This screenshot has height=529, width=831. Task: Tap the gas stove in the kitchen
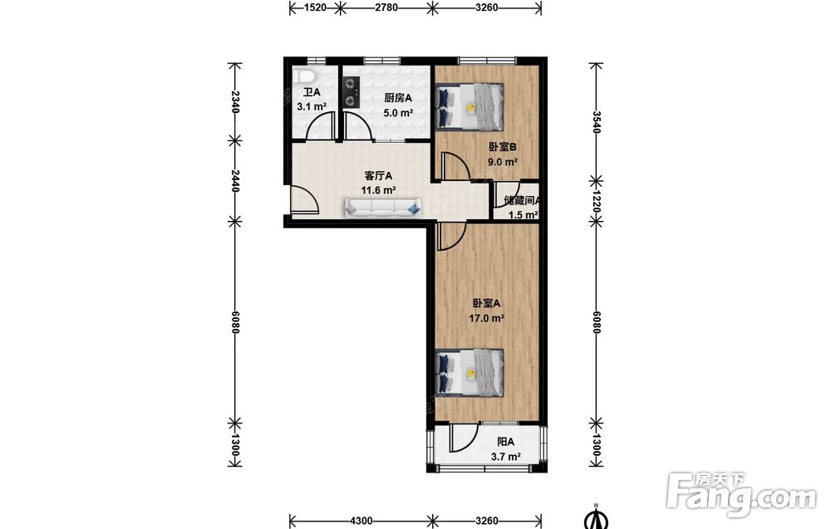tap(351, 92)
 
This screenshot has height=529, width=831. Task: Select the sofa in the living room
tap(382, 208)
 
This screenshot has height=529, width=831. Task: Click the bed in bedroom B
tap(469, 106)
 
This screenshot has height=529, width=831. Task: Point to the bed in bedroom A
tap(469, 372)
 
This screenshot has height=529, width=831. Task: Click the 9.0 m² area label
tap(503, 162)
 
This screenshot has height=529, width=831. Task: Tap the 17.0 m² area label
tap(486, 318)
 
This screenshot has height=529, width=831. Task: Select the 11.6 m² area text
tap(378, 190)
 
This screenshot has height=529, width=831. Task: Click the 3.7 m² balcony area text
tap(505, 457)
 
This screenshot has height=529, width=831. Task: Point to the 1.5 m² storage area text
tap(523, 214)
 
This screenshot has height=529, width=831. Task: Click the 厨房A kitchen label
tap(398, 98)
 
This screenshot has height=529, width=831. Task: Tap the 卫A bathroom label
tap(312, 92)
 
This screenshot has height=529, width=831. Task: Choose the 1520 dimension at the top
tap(315, 7)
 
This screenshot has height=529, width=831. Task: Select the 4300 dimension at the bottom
tap(361, 521)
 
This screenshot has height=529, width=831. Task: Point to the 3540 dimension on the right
tap(597, 122)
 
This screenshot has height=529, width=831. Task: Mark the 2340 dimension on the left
tap(236, 101)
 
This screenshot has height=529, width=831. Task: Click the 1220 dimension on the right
tap(597, 201)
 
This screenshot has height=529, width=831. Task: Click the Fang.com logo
tap(741, 495)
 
